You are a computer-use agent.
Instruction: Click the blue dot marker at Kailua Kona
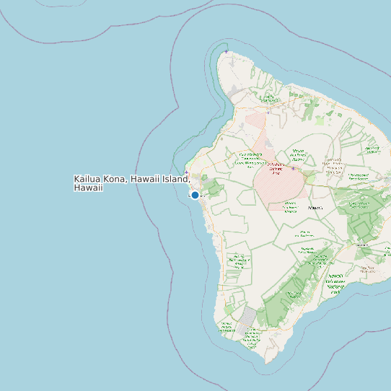tap(195, 195)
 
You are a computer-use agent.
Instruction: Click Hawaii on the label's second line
tap(88, 188)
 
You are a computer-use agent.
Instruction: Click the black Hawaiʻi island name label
tap(315, 208)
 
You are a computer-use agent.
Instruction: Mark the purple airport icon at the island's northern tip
tap(227, 52)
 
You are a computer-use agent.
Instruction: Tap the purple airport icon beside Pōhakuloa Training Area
tap(293, 169)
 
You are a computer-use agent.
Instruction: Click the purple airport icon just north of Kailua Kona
tap(187, 172)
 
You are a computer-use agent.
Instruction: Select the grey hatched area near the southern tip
tap(249, 315)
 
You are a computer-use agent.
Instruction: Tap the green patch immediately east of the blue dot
tap(215, 190)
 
